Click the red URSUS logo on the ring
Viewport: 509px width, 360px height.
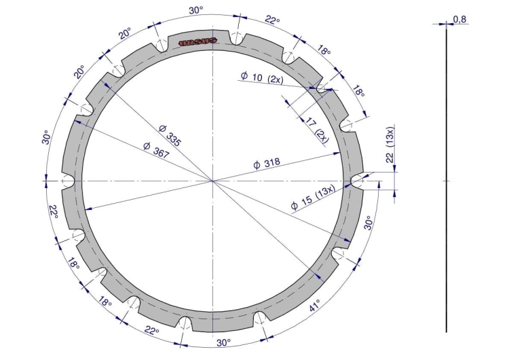[x=198, y=41]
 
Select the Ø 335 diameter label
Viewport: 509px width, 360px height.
[x=170, y=135]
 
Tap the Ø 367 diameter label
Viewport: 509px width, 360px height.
[x=156, y=150]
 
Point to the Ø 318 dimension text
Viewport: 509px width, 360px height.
[x=267, y=164]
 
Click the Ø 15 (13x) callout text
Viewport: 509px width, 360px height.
[x=313, y=198]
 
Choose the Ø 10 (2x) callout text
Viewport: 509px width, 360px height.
[x=262, y=77]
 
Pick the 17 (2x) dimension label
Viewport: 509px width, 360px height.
[x=317, y=130]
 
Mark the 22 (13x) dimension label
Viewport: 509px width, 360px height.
[x=390, y=145]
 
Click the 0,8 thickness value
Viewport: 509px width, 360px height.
[x=459, y=20]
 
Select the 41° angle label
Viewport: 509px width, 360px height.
[x=314, y=305]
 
